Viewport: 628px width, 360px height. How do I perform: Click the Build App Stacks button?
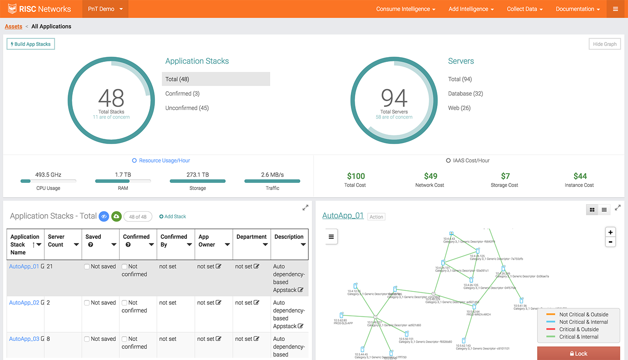pyautogui.click(x=31, y=44)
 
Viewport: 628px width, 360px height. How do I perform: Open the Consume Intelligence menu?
pyautogui.click(x=405, y=9)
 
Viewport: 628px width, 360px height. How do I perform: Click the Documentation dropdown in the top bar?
pyautogui.click(x=577, y=9)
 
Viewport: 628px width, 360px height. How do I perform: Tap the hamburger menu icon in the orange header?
pyautogui.click(x=615, y=9)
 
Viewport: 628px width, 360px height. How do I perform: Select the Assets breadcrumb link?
pyautogui.click(x=14, y=26)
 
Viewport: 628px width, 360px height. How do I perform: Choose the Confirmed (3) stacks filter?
pyautogui.click(x=182, y=93)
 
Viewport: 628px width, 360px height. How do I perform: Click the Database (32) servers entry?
pyautogui.click(x=465, y=93)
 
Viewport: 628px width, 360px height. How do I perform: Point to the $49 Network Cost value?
pyautogui.click(x=430, y=176)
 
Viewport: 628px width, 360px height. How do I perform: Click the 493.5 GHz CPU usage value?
pyautogui.click(x=48, y=175)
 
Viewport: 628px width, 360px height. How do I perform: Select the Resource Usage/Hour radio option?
pyautogui.click(x=134, y=161)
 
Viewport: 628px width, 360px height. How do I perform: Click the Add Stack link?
pyautogui.click(x=173, y=216)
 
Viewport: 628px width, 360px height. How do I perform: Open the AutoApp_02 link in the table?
pyautogui.click(x=24, y=302)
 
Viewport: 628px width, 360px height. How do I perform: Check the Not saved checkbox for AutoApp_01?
pyautogui.click(x=87, y=267)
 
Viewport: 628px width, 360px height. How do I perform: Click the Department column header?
pyautogui.click(x=251, y=237)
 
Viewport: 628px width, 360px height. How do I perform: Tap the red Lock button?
pyautogui.click(x=578, y=353)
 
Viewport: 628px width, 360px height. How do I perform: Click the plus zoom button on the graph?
pyautogui.click(x=610, y=232)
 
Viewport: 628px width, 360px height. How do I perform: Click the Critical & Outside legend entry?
pyautogui.click(x=579, y=329)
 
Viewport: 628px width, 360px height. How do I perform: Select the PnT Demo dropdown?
pyautogui.click(x=105, y=9)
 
